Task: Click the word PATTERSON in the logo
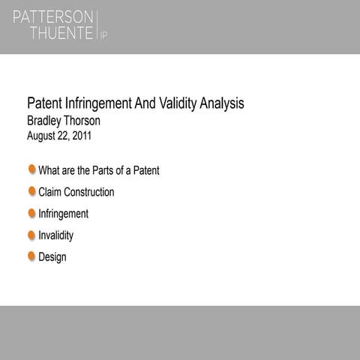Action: [x=52, y=16]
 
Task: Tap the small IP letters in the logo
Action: [x=103, y=35]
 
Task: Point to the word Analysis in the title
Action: [x=220, y=103]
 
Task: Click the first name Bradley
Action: [x=47, y=120]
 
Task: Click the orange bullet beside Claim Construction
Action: [x=32, y=191]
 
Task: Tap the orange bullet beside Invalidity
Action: [x=32, y=235]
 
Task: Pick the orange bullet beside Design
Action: [x=32, y=256]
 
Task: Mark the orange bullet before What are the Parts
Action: [x=32, y=169]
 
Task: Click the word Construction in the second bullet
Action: [x=90, y=192]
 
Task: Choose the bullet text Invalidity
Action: [x=56, y=235]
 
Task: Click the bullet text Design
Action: [x=52, y=257]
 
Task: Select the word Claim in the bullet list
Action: [x=50, y=192]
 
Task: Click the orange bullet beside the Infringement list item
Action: [x=32, y=213]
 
